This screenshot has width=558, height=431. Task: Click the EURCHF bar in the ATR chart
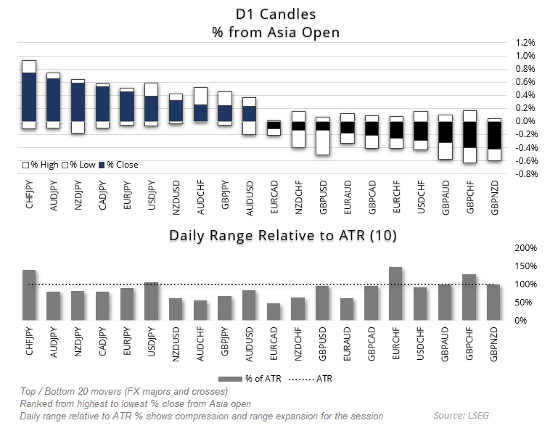click(395, 294)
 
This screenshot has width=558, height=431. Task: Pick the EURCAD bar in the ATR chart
click(274, 312)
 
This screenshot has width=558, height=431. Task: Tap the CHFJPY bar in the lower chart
click(29, 295)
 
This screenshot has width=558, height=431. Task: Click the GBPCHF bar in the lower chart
click(469, 297)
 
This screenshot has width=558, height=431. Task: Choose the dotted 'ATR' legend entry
click(311, 378)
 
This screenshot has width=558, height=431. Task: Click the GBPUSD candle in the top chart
click(323, 136)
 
